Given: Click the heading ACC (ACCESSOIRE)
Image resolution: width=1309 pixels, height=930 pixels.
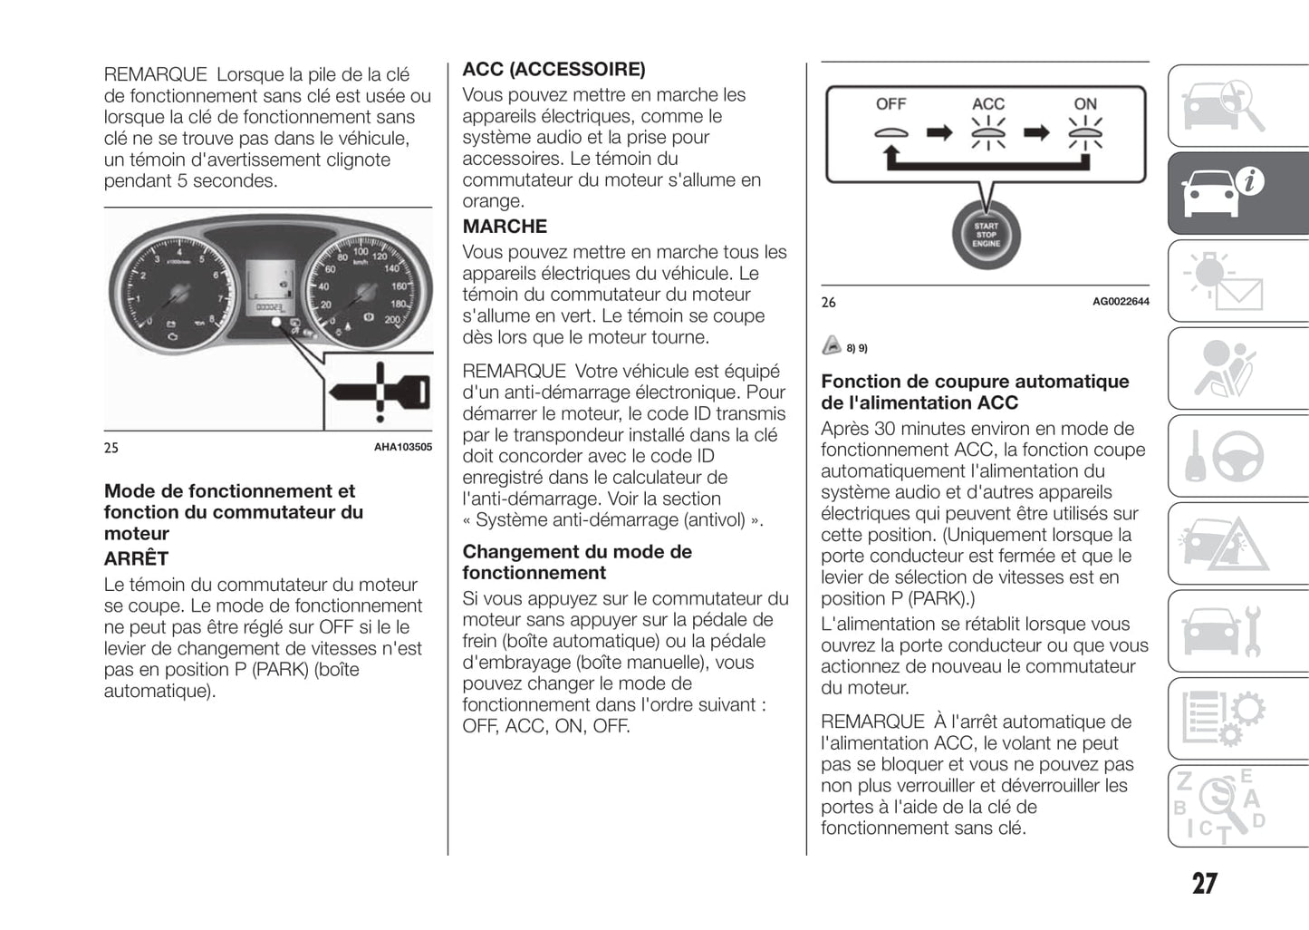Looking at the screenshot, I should coord(553,70).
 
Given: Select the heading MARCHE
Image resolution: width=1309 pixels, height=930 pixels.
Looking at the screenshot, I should coord(505,227).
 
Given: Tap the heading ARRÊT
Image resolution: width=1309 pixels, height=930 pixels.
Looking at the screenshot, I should coord(136,558).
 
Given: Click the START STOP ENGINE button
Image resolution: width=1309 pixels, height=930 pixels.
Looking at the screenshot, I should coord(986,235).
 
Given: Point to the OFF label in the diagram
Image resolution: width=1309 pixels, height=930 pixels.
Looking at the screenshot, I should coord(890,104).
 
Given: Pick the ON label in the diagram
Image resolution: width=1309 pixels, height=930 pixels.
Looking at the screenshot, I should coord(1084,104).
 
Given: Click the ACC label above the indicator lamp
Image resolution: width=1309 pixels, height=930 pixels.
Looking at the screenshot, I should coord(987,104).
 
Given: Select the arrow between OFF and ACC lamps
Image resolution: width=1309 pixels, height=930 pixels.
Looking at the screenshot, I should coord(939,133).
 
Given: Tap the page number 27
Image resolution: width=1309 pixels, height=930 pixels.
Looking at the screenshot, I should coord(1204,883).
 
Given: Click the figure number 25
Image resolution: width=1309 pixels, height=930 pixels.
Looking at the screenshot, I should coord(111,448).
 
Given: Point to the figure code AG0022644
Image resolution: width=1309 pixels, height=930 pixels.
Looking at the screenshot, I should coord(1121,302).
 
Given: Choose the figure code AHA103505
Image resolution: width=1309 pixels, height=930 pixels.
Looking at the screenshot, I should coord(403,447).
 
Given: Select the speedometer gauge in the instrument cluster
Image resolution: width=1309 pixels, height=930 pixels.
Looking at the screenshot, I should coord(365,289).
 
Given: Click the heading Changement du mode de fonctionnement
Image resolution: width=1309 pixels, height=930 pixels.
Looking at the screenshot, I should coord(577,562).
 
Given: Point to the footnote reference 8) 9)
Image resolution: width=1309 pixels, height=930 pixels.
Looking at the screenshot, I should coord(856,348).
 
